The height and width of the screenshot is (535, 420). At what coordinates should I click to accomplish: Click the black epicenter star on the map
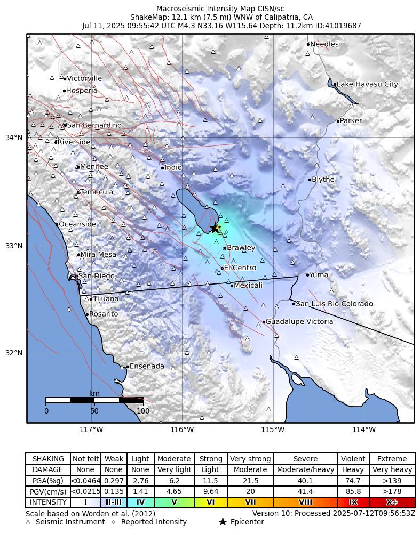(215, 228)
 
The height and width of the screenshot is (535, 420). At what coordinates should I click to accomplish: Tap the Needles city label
(324, 44)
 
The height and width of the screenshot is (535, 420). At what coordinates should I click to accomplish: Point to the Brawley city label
(241, 248)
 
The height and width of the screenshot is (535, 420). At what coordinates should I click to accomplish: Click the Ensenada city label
(147, 366)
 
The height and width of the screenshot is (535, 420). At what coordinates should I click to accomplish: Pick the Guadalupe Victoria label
(299, 322)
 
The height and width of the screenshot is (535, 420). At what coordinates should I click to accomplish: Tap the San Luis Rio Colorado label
(334, 304)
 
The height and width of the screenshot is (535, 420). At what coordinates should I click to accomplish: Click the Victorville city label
(84, 78)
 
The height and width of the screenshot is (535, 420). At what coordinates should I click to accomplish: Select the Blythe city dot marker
(310, 180)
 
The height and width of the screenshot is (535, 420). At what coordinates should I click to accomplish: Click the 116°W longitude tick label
(182, 430)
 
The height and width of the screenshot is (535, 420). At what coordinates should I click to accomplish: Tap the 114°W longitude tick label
(364, 430)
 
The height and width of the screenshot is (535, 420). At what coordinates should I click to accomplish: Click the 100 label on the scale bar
(143, 411)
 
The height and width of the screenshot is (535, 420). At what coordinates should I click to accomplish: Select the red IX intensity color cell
(353, 502)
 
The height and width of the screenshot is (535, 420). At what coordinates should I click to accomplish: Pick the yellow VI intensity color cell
(211, 502)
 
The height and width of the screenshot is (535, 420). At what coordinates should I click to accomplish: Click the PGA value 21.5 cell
(250, 481)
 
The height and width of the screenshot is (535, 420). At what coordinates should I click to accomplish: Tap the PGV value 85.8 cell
(353, 491)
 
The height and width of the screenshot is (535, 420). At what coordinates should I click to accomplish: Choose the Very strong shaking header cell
(250, 459)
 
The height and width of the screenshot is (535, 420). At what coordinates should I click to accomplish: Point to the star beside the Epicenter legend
(223, 522)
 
